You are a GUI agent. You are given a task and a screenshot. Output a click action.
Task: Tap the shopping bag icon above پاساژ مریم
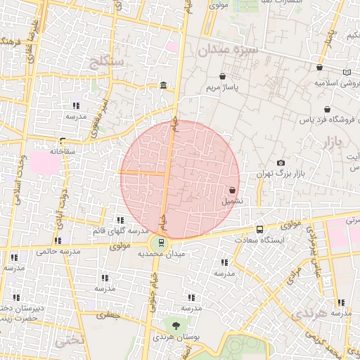(223, 77)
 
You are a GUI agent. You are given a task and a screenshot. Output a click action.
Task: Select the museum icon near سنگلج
(163, 86)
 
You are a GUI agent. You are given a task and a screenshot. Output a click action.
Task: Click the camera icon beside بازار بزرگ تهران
(281, 163)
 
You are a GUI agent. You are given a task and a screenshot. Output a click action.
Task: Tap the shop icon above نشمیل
(232, 190)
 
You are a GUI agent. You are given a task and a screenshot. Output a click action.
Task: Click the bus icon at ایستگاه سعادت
(260, 229)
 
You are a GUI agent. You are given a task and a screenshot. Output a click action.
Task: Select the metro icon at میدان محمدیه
(162, 243)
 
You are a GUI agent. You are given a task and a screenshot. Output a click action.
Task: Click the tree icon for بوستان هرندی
(176, 325)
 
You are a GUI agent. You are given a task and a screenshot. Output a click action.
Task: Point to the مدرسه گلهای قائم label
(120, 231)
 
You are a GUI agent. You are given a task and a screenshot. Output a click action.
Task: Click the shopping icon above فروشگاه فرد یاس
(328, 110)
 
